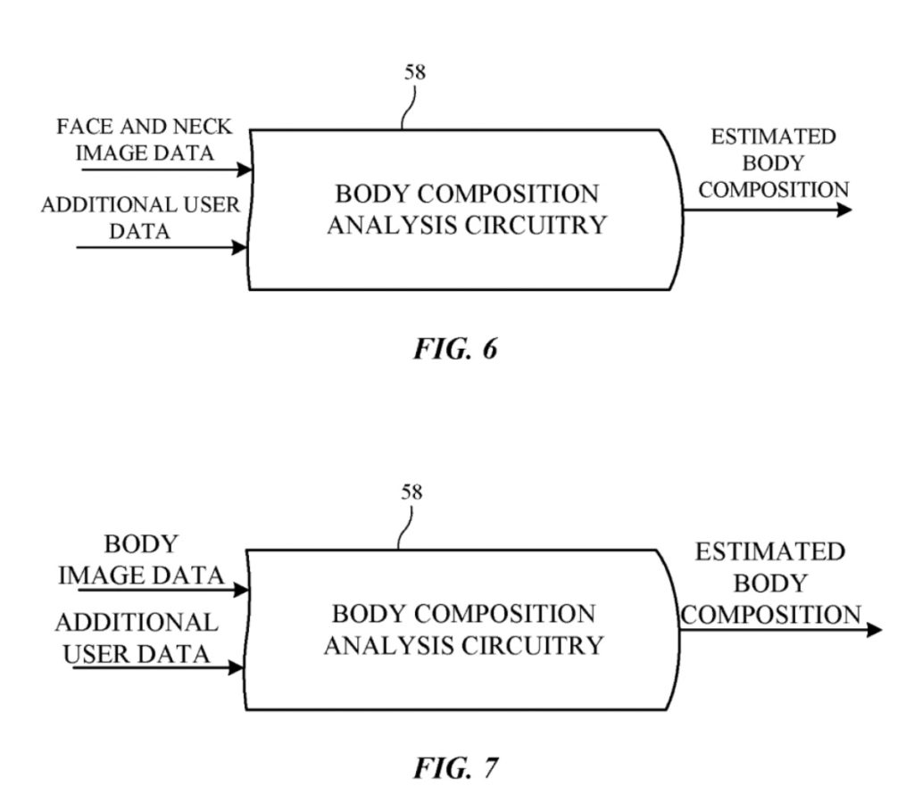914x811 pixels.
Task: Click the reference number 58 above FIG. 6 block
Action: [415, 72]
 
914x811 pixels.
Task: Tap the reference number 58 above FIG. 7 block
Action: [412, 492]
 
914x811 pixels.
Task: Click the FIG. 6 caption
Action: [454, 348]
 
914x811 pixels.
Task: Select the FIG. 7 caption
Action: [454, 767]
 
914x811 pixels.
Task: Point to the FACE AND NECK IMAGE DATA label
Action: [145, 139]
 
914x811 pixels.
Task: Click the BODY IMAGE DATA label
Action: [141, 560]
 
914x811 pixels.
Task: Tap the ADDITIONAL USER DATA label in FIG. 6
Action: [140, 218]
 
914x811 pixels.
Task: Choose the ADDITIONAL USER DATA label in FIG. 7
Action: [136, 637]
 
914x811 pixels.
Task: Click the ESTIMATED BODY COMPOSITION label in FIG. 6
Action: [773, 163]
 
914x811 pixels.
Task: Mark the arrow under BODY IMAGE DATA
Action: [156, 590]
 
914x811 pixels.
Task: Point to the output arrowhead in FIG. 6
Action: [843, 211]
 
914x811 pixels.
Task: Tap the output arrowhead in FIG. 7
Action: [873, 630]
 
